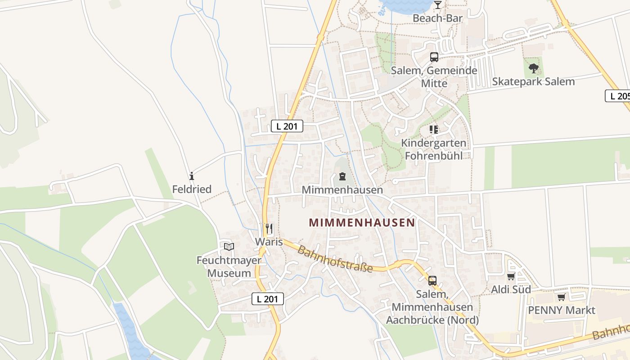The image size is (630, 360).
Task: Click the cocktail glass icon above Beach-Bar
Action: [x=437, y=5]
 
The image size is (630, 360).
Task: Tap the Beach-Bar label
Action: [x=437, y=18]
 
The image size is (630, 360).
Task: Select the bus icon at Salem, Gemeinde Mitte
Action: [x=434, y=57]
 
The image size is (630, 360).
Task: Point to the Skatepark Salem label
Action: [x=533, y=82]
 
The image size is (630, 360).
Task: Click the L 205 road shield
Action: [x=618, y=96]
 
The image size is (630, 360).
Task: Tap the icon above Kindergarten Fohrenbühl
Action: [x=434, y=130]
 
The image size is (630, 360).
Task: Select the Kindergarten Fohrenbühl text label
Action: [x=434, y=149]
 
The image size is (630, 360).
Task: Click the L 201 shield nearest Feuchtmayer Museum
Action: [x=267, y=298]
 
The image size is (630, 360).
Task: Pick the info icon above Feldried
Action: [x=192, y=176]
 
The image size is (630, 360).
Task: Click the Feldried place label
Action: [x=192, y=189]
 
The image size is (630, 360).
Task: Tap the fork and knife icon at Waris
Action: [x=269, y=229]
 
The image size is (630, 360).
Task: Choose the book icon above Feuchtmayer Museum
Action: [x=229, y=247]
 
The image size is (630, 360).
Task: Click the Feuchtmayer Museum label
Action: [x=229, y=267]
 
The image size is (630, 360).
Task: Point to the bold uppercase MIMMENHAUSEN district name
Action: [x=362, y=223]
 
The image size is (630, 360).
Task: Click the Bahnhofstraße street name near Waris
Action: [x=335, y=259]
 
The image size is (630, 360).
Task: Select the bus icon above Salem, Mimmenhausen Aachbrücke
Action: [x=432, y=281]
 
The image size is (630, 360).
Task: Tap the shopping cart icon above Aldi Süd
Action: [x=511, y=277]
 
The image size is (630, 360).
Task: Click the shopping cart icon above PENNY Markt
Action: [x=561, y=297]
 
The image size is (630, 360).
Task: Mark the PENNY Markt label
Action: [x=561, y=310]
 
